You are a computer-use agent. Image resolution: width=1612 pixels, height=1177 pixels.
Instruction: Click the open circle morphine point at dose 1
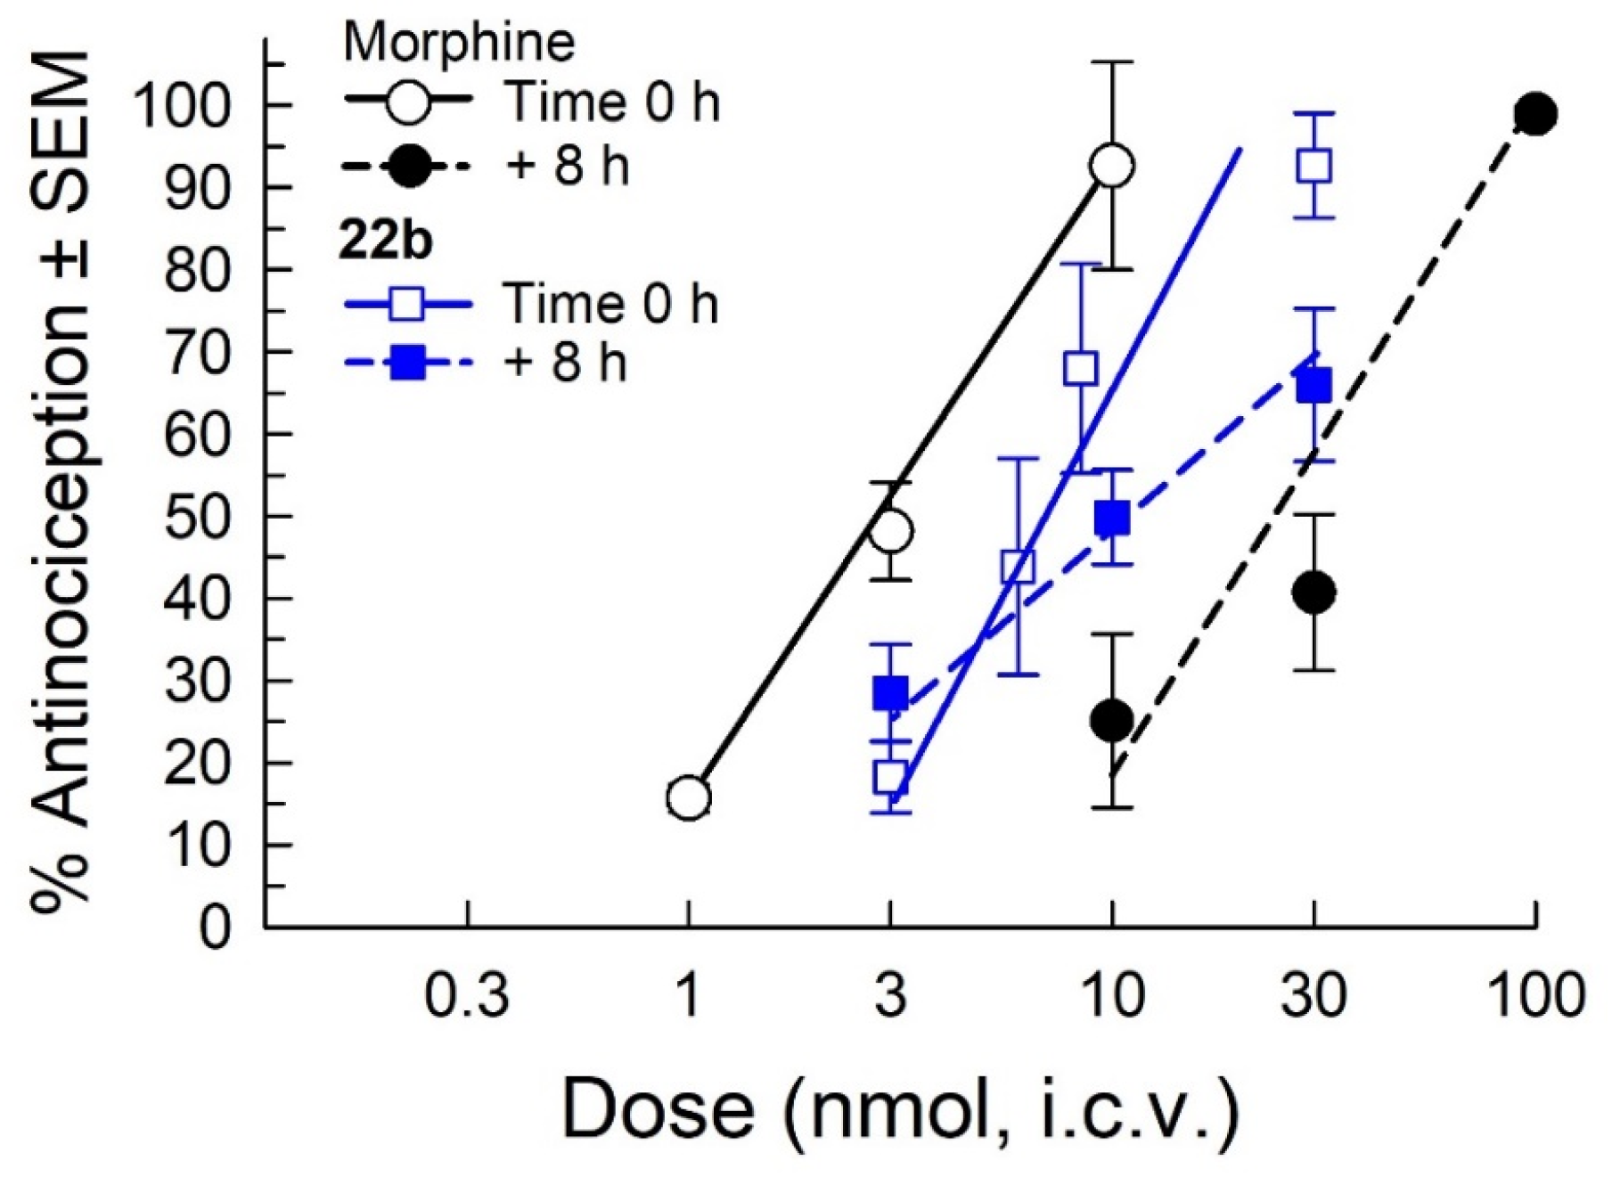click(689, 797)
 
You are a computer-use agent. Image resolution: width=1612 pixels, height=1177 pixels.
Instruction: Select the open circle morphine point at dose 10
click(1112, 166)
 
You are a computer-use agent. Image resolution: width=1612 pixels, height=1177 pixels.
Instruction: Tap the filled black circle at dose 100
click(1535, 114)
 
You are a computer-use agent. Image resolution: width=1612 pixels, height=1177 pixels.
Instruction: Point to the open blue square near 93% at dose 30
click(1314, 166)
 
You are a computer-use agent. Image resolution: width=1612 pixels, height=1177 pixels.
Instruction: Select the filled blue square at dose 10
click(1112, 518)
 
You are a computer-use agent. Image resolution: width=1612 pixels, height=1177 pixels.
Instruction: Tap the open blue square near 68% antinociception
click(1081, 368)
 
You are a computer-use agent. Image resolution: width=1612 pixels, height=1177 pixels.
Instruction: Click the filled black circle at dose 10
click(1112, 720)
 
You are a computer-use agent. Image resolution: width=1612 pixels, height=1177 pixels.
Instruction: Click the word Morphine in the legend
click(459, 42)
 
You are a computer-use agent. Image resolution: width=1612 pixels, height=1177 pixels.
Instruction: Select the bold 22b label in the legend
click(385, 240)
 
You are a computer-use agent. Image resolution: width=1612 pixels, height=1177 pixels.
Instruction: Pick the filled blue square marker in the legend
click(408, 364)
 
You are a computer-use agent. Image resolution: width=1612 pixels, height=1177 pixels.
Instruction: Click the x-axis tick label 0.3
click(467, 995)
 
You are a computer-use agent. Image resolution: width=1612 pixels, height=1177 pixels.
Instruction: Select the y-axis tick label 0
click(214, 928)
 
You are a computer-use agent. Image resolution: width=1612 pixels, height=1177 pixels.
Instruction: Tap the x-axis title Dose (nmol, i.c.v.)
click(900, 1109)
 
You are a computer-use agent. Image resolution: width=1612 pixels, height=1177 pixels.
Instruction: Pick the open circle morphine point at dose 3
click(890, 532)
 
